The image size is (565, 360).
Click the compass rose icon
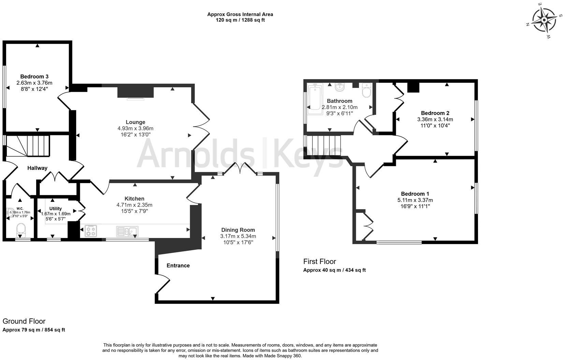click(x=544, y=20)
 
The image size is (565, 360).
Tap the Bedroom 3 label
click(x=34, y=77)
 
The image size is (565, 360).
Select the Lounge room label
click(x=135, y=122)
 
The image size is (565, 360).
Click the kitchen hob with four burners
click(x=91, y=231)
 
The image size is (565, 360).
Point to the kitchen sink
click(x=127, y=231)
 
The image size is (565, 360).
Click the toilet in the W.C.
click(x=21, y=229)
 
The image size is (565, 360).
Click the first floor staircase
click(x=323, y=146)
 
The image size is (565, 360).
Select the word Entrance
click(x=178, y=266)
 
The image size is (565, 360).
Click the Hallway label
click(x=37, y=168)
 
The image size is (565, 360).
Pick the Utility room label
click(x=56, y=209)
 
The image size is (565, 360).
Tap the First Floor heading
click(x=320, y=261)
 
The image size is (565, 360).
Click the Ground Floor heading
click(x=24, y=321)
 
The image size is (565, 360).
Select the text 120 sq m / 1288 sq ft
click(x=240, y=20)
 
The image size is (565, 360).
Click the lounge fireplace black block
click(x=135, y=92)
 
